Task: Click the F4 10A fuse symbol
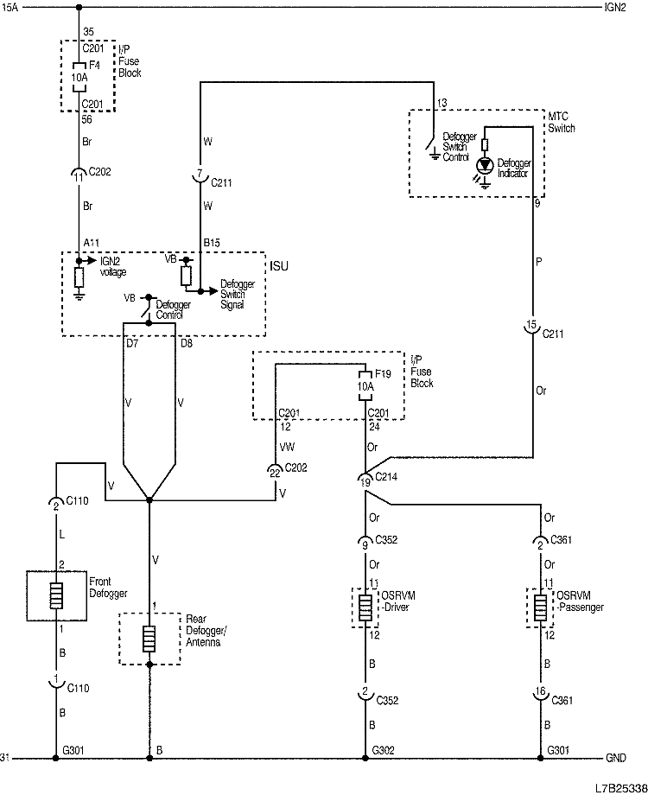pyautogui.click(x=79, y=78)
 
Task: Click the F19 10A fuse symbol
pyautogui.click(x=365, y=386)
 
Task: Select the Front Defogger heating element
pyautogui.click(x=56, y=595)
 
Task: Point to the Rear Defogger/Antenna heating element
pyautogui.click(x=149, y=639)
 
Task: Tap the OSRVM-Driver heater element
pyautogui.click(x=365, y=607)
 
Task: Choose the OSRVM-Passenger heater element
pyautogui.click(x=541, y=607)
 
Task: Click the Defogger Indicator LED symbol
pyautogui.click(x=486, y=165)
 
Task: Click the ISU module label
pyautogui.click(x=279, y=266)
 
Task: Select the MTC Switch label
pyautogui.click(x=562, y=122)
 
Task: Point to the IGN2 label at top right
pyautogui.click(x=615, y=7)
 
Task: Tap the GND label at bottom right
pyautogui.click(x=616, y=758)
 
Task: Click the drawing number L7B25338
pyautogui.click(x=621, y=788)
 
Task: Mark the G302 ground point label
pyautogui.click(x=384, y=750)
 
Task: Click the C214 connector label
pyautogui.click(x=386, y=477)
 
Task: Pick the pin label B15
pyautogui.click(x=212, y=243)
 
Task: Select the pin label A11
pyautogui.click(x=92, y=243)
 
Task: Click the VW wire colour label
pyautogui.click(x=287, y=447)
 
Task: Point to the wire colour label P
pyautogui.click(x=539, y=262)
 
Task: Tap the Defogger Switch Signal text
pyautogui.click(x=238, y=294)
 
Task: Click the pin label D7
pyautogui.click(x=132, y=343)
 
